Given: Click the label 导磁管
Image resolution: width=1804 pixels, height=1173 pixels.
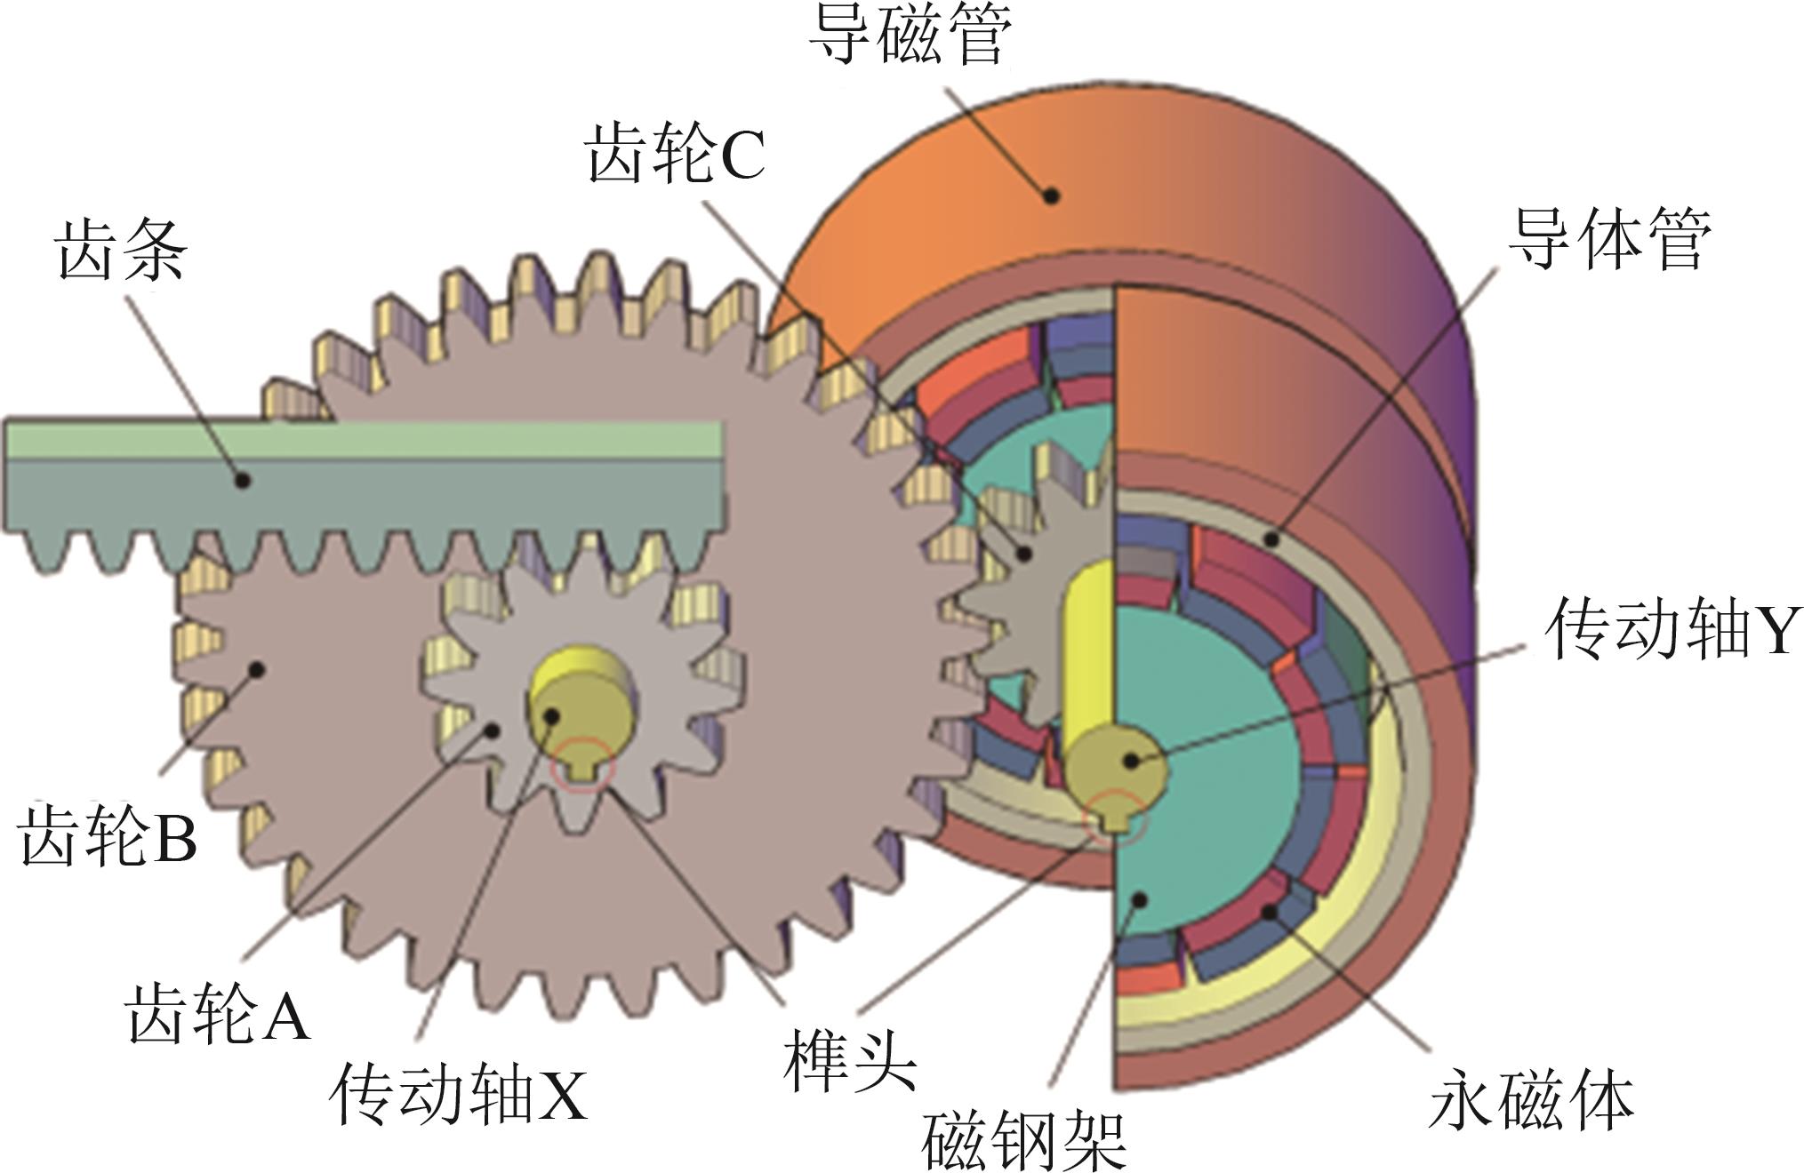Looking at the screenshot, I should [910, 37].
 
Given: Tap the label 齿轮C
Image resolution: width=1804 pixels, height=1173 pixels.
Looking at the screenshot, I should [675, 155].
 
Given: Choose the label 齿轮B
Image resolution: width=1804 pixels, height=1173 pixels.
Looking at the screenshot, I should [107, 835].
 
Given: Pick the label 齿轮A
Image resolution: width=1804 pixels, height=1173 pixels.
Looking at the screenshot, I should [218, 1014].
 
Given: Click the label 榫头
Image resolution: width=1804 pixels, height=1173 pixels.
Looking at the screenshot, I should [849, 1062].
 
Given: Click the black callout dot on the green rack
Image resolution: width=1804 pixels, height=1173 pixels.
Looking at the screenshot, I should [242, 481].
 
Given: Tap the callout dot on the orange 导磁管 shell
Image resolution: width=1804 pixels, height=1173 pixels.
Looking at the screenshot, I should [1052, 195].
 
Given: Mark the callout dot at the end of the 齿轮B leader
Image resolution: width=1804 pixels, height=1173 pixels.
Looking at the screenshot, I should [257, 668].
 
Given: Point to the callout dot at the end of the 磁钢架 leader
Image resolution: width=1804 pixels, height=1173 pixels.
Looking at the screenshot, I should [1137, 900].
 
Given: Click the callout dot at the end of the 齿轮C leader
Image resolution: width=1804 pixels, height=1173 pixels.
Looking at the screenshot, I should [1024, 553].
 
